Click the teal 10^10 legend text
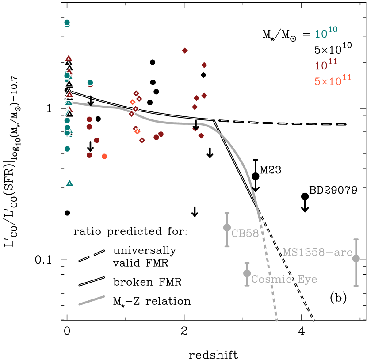tap(326, 33)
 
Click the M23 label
tap(270, 170)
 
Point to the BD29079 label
tap(333, 190)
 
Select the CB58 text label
tap(245, 234)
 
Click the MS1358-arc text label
tap(317, 253)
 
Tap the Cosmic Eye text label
tap(284, 279)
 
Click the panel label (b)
tap(338, 298)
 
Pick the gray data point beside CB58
tap(227, 227)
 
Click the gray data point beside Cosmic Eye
tap(247, 273)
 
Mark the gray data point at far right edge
tap(356, 258)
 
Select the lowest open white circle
tap(67, 213)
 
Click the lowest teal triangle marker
tap(69, 183)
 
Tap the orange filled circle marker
tap(104, 156)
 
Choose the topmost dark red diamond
tap(185, 50)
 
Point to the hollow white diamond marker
tap(203, 75)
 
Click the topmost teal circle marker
tap(67, 23)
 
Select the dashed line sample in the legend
tap(92, 256)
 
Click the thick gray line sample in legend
tap(92, 300)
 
